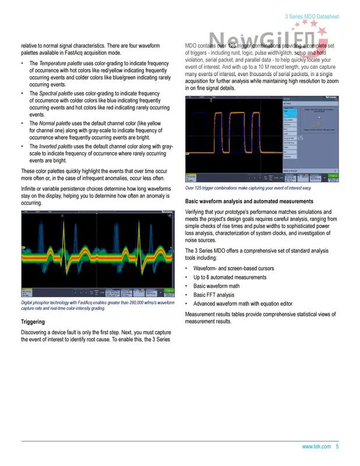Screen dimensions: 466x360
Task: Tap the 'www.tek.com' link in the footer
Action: pyautogui.click(x=316, y=447)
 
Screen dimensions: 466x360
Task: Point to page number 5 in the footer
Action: pyautogui.click(x=337, y=447)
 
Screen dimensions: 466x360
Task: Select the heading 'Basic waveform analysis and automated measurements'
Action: pyautogui.click(x=249, y=201)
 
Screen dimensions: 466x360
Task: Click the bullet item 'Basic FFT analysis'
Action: pyautogui.click(x=214, y=295)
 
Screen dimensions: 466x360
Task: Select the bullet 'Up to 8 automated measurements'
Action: pyautogui.click(x=230, y=277)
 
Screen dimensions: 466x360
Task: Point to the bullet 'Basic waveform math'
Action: pyautogui.click(x=216, y=286)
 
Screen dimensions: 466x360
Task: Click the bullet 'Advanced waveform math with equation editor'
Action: pyautogui.click(x=243, y=303)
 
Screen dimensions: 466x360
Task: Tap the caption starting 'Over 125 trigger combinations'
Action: pyautogui.click(x=248, y=188)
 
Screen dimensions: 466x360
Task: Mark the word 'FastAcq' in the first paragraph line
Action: pyautogui.click(x=70, y=52)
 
